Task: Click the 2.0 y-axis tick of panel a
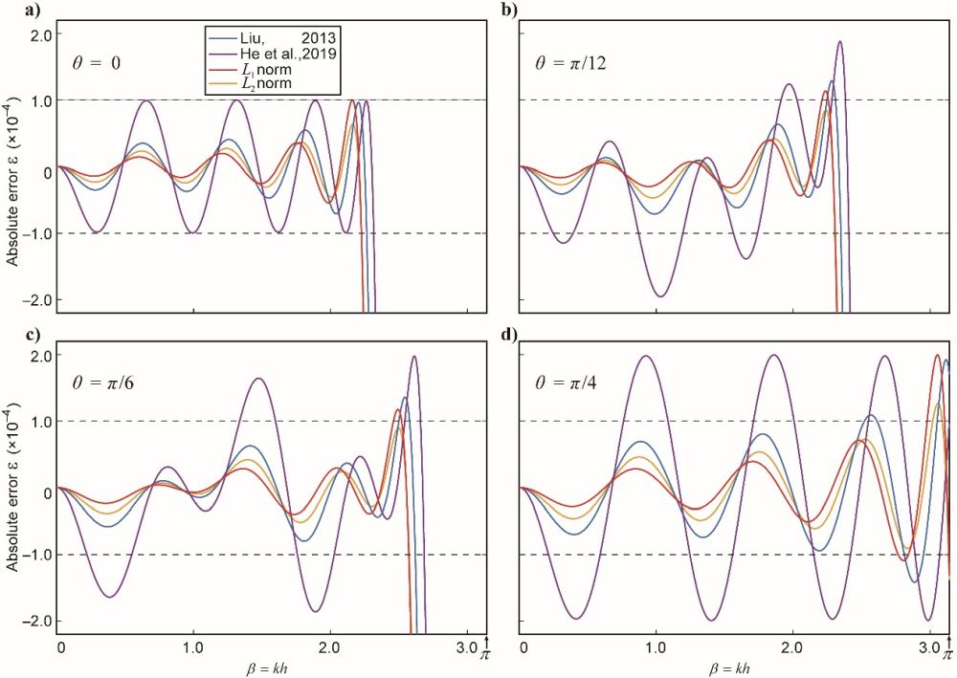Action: tap(39, 35)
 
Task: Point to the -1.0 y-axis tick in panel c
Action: tap(36, 556)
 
